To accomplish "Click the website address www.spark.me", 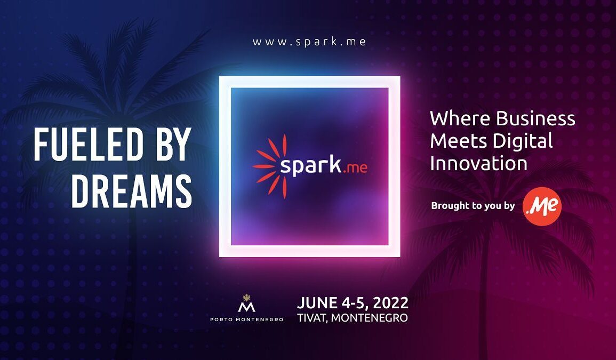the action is tap(309, 42).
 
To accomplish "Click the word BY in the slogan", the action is tap(173, 144).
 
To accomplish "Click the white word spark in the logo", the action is tap(310, 165).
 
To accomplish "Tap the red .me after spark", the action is tap(355, 168).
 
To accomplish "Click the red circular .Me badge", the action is tap(542, 206).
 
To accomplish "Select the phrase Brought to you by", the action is tap(473, 206).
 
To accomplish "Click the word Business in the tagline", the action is tap(535, 118).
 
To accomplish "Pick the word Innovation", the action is tap(478, 163).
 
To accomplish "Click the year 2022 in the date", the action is tap(390, 303).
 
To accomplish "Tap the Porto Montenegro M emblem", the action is tap(247, 303).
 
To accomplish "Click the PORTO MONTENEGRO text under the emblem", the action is tap(247, 319).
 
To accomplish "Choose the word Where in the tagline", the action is tap(460, 118).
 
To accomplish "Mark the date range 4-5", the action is tap(355, 303).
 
